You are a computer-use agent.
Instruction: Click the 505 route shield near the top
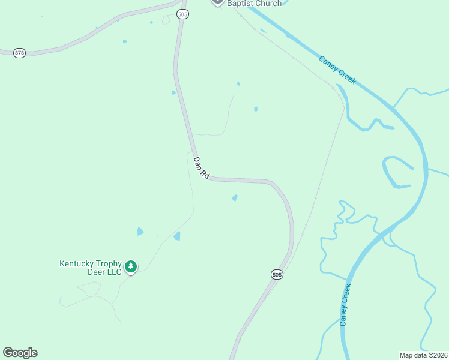click(183, 14)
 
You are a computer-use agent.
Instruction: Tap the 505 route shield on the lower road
click(276, 274)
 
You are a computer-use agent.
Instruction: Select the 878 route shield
click(20, 53)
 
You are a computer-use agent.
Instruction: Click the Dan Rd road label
click(201, 168)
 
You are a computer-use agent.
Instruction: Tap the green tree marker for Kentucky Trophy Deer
click(131, 266)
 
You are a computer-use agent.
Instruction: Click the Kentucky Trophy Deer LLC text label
click(90, 267)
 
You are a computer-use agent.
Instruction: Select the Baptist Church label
click(254, 4)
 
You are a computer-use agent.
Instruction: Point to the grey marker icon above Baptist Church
click(217, 2)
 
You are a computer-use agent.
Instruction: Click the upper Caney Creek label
click(337, 70)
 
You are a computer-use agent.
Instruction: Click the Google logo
click(20, 353)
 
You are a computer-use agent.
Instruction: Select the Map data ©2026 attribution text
click(423, 355)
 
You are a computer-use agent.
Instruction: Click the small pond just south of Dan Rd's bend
click(235, 197)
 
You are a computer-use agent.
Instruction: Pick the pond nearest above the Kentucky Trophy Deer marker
click(140, 231)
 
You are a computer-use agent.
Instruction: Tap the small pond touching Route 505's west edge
click(173, 92)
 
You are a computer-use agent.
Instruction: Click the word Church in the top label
click(268, 4)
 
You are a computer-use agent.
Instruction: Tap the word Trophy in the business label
click(109, 263)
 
